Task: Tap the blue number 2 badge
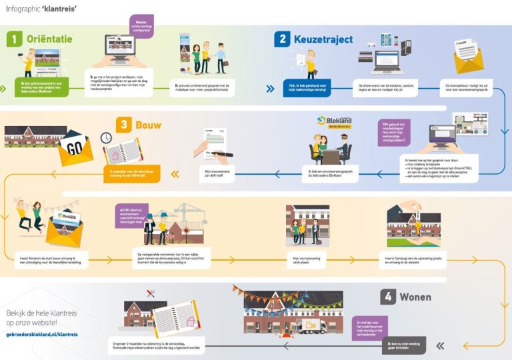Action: [282, 39]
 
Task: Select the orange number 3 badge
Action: [123, 125]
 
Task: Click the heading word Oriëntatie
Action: [49, 39]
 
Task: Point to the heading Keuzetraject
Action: [323, 39]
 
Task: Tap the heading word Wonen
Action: [415, 297]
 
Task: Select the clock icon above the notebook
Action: [105, 137]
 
